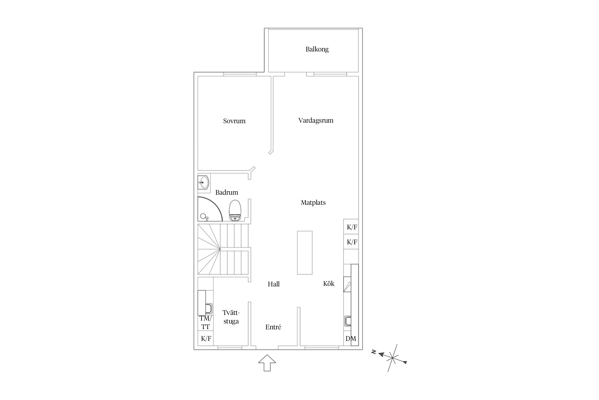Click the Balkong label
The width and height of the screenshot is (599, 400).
click(x=317, y=49)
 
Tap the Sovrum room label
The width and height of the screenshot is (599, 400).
click(x=234, y=121)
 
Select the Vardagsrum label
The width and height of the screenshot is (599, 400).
click(x=316, y=121)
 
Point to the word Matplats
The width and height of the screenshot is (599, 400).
click(x=313, y=203)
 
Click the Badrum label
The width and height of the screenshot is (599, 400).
click(x=227, y=192)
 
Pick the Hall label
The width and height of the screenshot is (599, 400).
click(x=274, y=284)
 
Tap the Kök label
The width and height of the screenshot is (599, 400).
click(x=329, y=283)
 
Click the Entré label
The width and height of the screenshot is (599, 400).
click(x=273, y=327)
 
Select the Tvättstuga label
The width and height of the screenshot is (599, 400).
click(x=231, y=317)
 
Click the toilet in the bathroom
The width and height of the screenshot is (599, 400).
click(x=235, y=210)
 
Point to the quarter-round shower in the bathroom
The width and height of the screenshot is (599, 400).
click(x=210, y=209)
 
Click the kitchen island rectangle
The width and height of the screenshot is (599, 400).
click(x=305, y=253)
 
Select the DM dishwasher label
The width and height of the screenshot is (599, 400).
click(x=351, y=339)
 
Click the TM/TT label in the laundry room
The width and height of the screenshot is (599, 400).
click(x=206, y=322)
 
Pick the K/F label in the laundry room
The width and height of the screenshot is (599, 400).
click(x=206, y=339)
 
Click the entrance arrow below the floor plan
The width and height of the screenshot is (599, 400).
click(x=267, y=363)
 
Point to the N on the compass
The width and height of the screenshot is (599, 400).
click(x=374, y=352)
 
